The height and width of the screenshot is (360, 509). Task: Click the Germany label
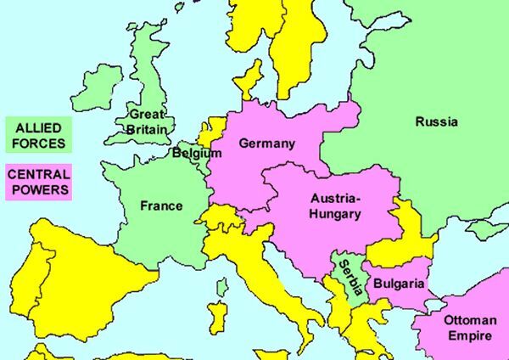(x=266, y=143)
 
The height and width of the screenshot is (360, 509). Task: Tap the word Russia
(x=436, y=122)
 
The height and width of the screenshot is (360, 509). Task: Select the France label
(x=161, y=205)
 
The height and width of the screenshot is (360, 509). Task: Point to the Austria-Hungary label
(x=335, y=205)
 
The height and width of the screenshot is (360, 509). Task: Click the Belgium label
(x=196, y=154)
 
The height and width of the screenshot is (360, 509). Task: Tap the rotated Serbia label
(x=349, y=275)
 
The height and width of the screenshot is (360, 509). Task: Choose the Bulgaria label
(x=398, y=284)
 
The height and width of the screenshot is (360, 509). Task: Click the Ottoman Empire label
(x=467, y=327)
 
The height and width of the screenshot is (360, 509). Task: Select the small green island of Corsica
(x=221, y=288)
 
